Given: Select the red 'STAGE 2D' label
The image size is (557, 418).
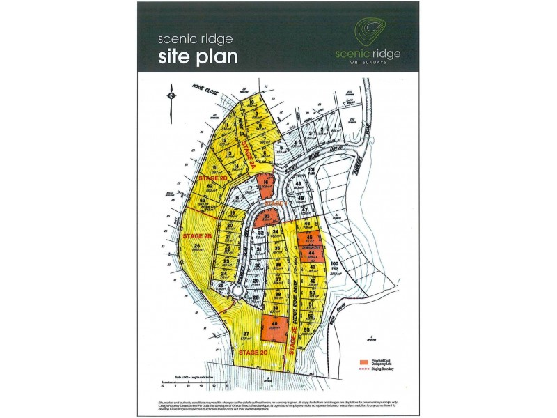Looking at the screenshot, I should click(213, 178).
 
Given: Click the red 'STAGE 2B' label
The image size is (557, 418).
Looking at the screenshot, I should click(197, 237).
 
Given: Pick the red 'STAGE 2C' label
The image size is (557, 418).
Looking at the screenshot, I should click(253, 353).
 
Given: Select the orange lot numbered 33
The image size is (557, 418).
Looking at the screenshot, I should click(267, 218).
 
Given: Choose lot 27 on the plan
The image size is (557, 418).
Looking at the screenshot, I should click(248, 336).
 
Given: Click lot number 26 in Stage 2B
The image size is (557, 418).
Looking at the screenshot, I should click(198, 247).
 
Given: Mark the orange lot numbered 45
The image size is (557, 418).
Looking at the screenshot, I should click(309, 239).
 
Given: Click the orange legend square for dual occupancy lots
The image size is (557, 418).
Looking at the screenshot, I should click(364, 363).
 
